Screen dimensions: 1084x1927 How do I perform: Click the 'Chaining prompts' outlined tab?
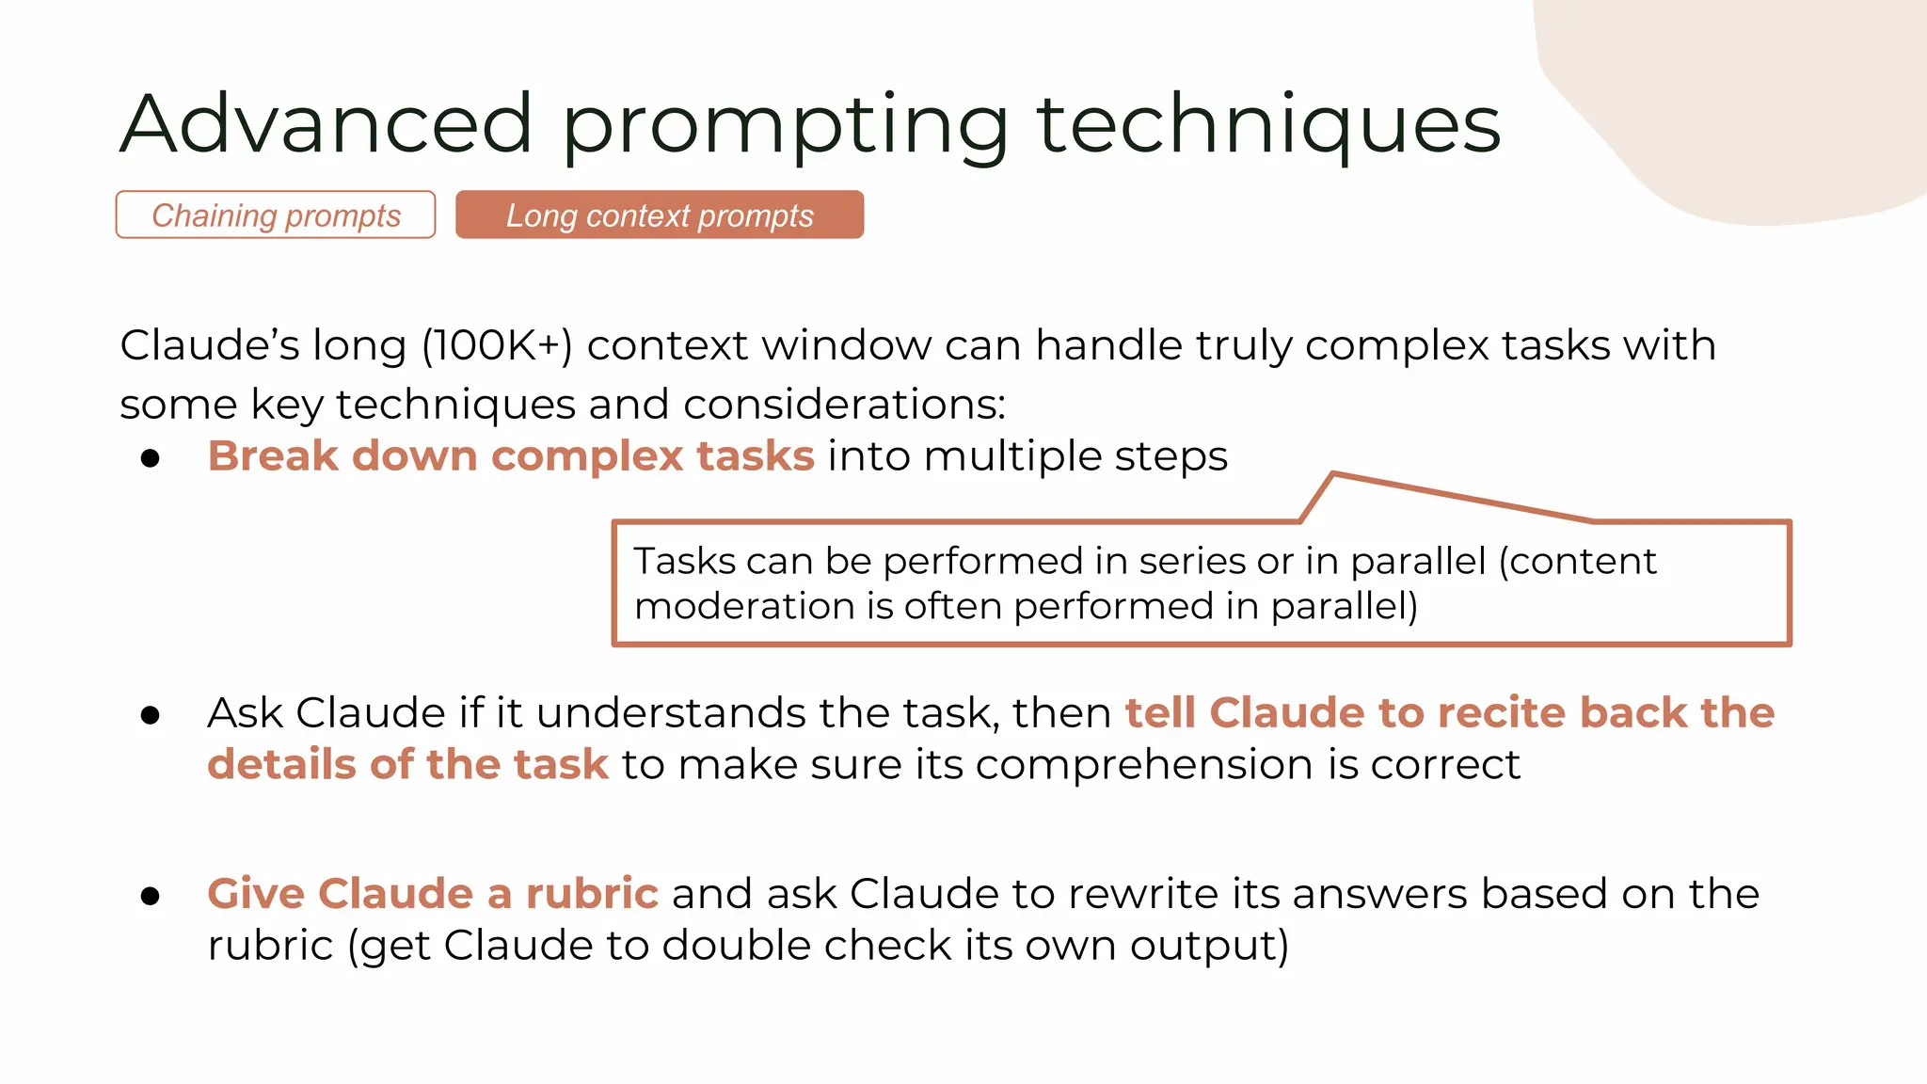point(276,215)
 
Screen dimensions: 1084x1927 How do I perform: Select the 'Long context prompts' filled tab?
point(660,215)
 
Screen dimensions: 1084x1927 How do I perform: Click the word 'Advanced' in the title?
point(326,124)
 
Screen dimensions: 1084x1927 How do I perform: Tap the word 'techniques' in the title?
point(1268,124)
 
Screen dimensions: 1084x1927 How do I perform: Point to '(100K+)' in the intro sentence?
point(497,345)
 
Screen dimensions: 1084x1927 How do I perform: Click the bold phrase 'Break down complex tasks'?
point(511,456)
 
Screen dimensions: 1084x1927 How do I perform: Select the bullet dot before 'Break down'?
point(151,458)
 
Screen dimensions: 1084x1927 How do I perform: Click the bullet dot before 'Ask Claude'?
point(151,716)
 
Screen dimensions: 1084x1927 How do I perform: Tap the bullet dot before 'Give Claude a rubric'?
point(151,896)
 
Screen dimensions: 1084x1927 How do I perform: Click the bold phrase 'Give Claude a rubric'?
point(433,894)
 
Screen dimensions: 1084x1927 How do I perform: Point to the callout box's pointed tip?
point(1333,474)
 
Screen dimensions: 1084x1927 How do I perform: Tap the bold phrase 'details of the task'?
point(408,764)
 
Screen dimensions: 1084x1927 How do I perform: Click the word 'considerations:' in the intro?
point(844,405)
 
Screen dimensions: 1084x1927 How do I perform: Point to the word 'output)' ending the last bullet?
point(1209,946)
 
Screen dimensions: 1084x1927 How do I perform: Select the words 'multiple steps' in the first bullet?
point(1075,456)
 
